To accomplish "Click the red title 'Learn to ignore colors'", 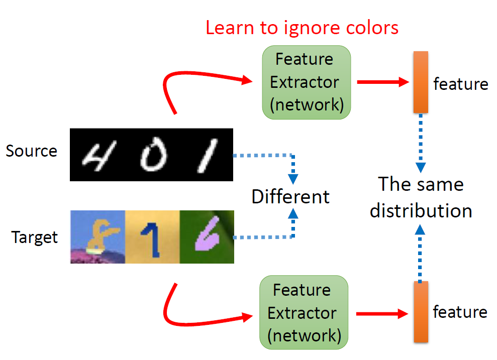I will [x=302, y=28].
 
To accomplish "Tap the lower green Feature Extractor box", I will [x=303, y=313].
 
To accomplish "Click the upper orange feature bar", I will [x=420, y=82].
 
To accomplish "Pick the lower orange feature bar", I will [x=420, y=312].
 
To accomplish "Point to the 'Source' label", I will [x=32, y=151].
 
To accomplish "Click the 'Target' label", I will [x=35, y=236].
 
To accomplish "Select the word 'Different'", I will [x=290, y=196].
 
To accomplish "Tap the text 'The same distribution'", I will [x=421, y=197].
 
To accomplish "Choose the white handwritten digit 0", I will [x=150, y=157].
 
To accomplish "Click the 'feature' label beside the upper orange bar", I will [x=460, y=84].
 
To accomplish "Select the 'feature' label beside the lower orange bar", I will [x=460, y=312].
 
